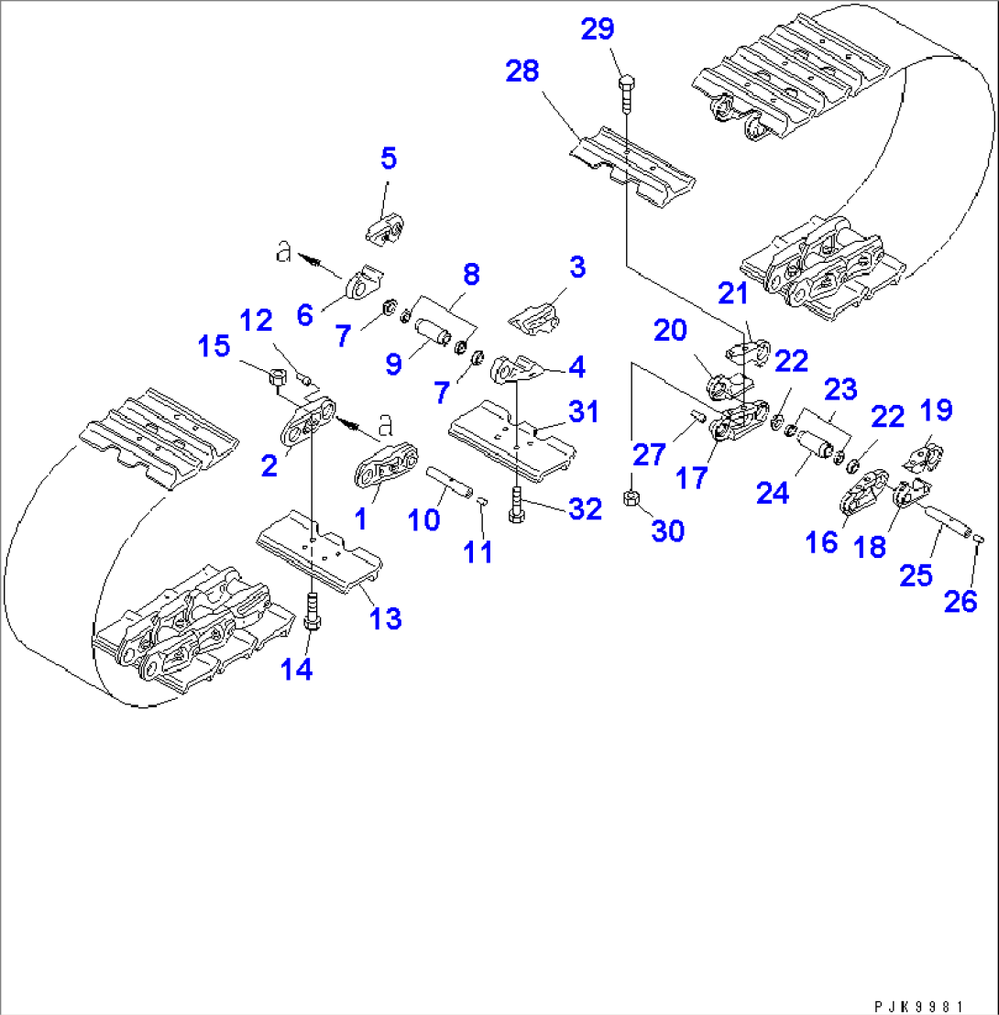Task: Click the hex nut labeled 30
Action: click(631, 498)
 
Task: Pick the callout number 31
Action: click(583, 412)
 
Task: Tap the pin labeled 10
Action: click(449, 479)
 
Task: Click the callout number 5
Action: click(389, 158)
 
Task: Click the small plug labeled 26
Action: click(978, 539)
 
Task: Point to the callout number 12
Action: click(257, 321)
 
